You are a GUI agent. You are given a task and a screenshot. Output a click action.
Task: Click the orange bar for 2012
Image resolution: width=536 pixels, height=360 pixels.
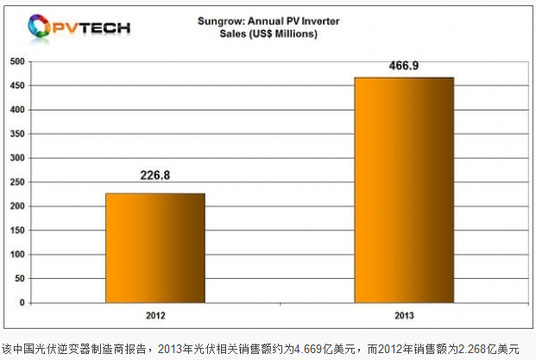coord(155,249)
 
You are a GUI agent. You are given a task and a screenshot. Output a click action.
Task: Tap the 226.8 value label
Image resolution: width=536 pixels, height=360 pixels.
coord(155,176)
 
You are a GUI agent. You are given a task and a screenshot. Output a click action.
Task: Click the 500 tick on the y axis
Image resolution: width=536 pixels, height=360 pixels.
coord(16,62)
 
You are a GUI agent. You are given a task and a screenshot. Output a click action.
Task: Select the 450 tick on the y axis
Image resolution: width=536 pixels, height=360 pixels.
coord(16,86)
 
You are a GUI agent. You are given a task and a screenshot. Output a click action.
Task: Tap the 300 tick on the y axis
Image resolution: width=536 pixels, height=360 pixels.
coord(16,159)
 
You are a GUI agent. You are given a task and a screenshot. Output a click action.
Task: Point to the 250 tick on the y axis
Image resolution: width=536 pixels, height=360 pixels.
coord(16,183)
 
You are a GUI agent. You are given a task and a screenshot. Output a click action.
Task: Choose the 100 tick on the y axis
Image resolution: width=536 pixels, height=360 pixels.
coord(16,256)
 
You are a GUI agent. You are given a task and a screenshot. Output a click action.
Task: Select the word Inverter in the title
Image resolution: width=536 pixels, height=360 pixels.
coord(318,22)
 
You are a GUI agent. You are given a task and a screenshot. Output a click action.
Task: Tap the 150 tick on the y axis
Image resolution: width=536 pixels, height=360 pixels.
coord(16,231)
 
